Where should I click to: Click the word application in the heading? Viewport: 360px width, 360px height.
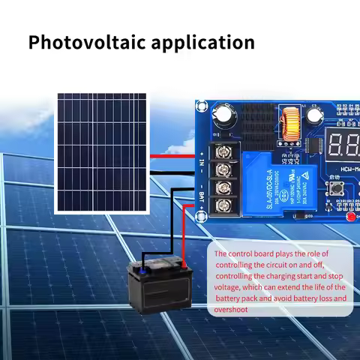click(200, 42)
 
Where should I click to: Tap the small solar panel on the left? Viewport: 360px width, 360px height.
click(100, 152)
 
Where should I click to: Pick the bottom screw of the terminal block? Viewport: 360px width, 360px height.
click(223, 205)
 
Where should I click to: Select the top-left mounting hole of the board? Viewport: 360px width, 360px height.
click(202, 106)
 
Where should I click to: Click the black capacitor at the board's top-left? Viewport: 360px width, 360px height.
click(225, 113)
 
